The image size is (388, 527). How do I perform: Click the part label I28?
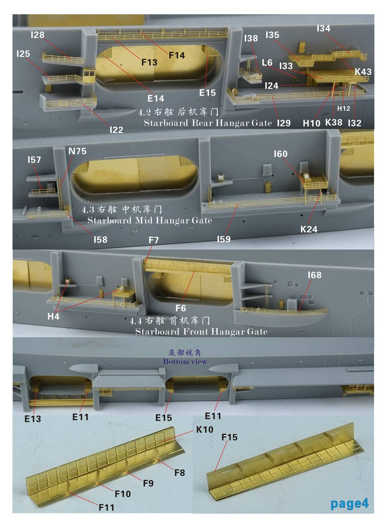click(38, 35)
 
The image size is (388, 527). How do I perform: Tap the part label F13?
click(149, 62)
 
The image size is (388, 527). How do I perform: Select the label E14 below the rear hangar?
click(156, 98)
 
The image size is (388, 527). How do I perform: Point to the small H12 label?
click(344, 109)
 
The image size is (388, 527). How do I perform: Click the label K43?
click(363, 71)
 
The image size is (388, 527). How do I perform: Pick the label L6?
click(267, 62)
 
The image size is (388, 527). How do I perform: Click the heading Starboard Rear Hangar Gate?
click(208, 123)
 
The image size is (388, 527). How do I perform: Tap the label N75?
click(77, 151)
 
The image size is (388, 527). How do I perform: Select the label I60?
click(280, 154)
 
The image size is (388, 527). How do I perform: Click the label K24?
click(309, 229)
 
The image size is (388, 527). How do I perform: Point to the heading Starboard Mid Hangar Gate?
click(150, 220)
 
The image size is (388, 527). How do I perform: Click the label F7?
click(154, 240)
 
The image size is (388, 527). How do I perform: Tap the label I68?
click(314, 275)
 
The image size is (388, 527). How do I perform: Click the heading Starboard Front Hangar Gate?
click(201, 332)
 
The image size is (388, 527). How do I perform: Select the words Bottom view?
click(185, 361)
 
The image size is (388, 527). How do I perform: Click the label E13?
click(33, 419)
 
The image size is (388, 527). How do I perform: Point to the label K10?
click(205, 429)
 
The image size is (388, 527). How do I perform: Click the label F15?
click(229, 437)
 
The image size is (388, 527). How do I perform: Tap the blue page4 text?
click(349, 503)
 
